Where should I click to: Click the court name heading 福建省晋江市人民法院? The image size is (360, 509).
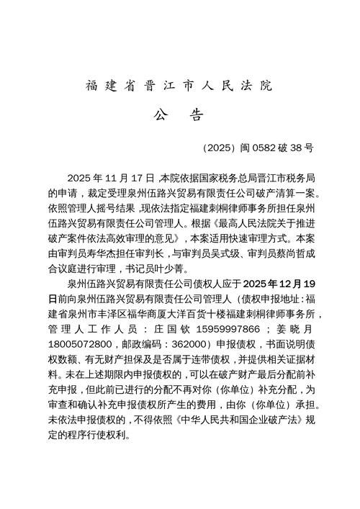[x=179, y=86]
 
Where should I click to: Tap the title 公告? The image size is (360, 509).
[x=179, y=116]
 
